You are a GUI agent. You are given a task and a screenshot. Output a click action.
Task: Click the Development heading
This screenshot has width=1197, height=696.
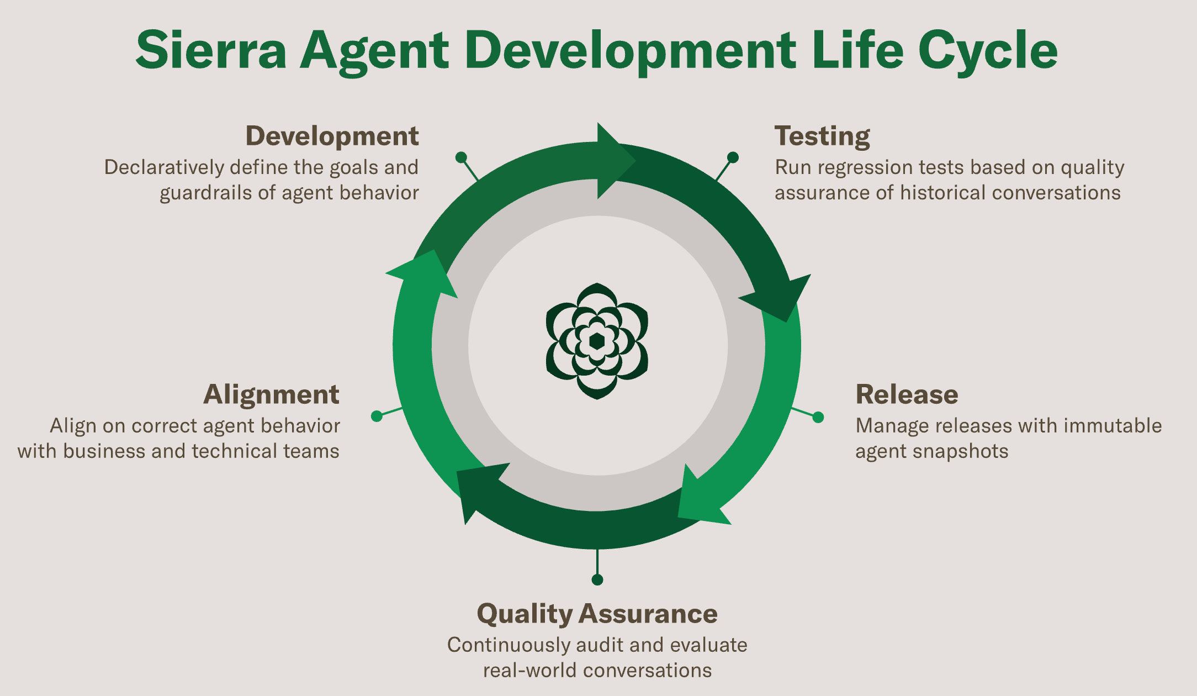(x=332, y=136)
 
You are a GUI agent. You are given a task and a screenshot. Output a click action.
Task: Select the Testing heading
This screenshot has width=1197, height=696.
(x=822, y=136)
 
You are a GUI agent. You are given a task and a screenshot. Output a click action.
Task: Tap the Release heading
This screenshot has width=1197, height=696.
(x=907, y=394)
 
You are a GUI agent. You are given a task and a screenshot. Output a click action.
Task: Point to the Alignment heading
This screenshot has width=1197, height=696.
(x=271, y=394)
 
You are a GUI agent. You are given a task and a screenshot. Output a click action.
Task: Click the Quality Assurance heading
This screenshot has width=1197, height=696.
(x=597, y=614)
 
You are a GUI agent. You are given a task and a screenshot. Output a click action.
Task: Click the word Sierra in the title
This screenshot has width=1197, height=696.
(x=211, y=51)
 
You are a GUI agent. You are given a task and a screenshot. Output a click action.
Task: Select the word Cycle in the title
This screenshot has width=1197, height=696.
(x=988, y=51)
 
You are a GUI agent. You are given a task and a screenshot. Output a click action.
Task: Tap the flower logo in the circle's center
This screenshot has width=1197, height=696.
(x=597, y=341)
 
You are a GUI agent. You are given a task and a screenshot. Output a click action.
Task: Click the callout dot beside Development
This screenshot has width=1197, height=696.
(x=461, y=157)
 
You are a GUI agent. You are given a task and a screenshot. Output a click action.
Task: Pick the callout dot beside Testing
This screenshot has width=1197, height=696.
(x=733, y=157)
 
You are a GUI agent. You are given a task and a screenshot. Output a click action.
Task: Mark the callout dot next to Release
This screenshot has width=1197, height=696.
(x=818, y=417)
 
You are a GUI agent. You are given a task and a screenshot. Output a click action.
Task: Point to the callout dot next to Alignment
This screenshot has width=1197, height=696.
(x=377, y=416)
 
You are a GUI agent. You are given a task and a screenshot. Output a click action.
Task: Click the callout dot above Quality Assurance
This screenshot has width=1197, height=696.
(x=597, y=579)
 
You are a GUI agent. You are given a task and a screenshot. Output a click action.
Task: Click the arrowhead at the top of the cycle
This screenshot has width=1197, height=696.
(x=613, y=161)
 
